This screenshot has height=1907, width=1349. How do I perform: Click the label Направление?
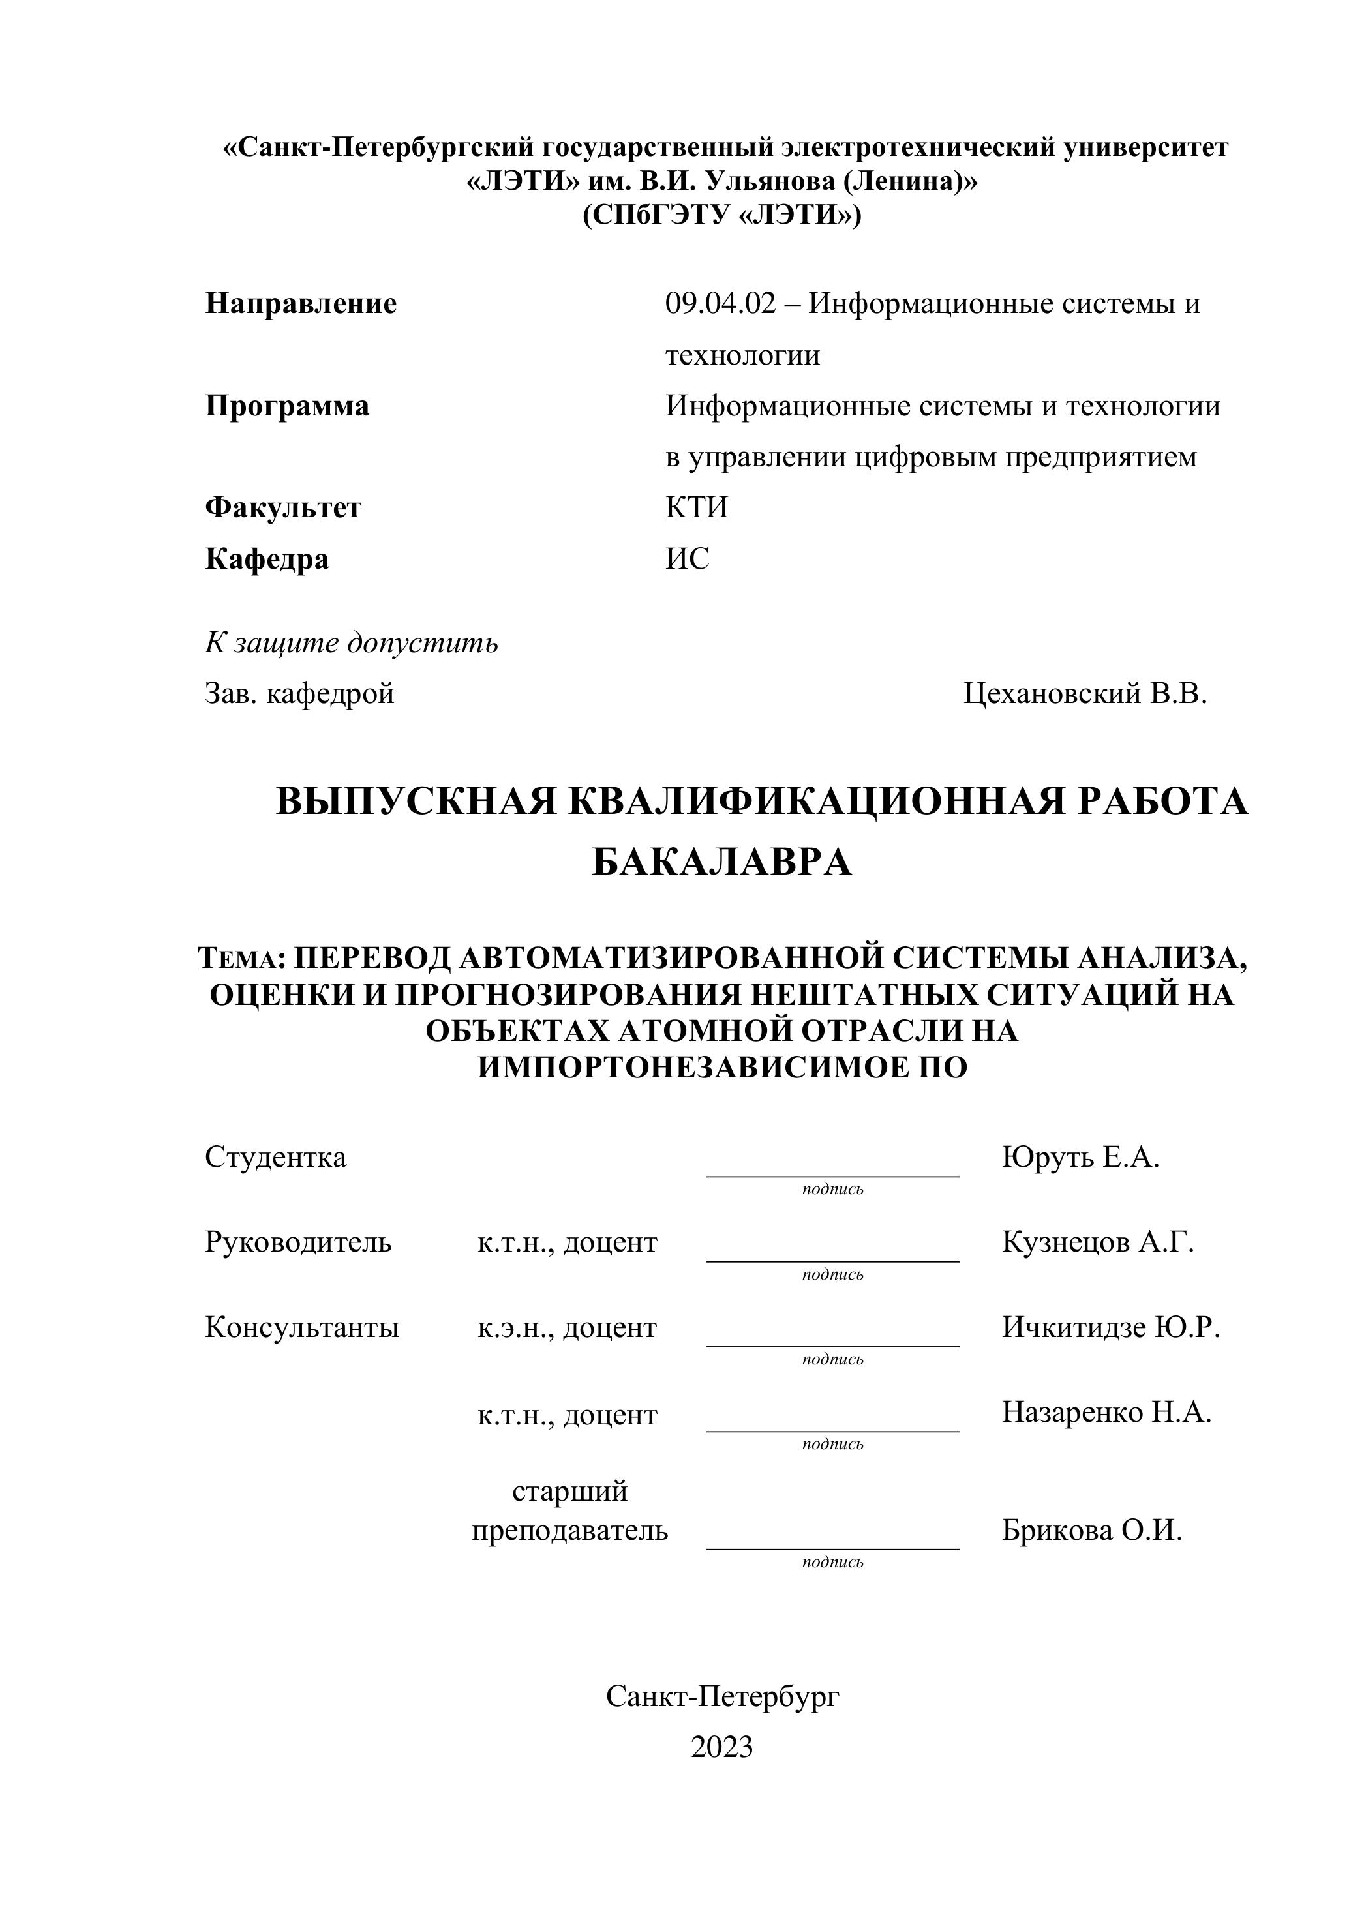tap(301, 304)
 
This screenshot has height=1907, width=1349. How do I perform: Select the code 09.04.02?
tap(720, 304)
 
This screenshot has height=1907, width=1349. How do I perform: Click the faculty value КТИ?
tap(696, 507)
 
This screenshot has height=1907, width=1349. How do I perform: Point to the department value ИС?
tap(687, 559)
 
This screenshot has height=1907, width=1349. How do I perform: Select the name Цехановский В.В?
tap(1085, 693)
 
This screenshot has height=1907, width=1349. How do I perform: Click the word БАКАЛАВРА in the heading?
tap(722, 863)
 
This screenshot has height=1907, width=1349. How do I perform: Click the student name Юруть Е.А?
tap(1081, 1157)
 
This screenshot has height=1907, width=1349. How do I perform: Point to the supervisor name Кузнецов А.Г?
tap(1098, 1242)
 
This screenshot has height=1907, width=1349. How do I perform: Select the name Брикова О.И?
tap(1091, 1530)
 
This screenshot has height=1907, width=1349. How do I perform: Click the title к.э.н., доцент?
tap(568, 1328)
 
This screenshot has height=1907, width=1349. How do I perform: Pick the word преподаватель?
tap(570, 1530)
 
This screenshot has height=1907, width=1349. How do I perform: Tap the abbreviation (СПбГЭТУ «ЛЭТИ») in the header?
tap(722, 215)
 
